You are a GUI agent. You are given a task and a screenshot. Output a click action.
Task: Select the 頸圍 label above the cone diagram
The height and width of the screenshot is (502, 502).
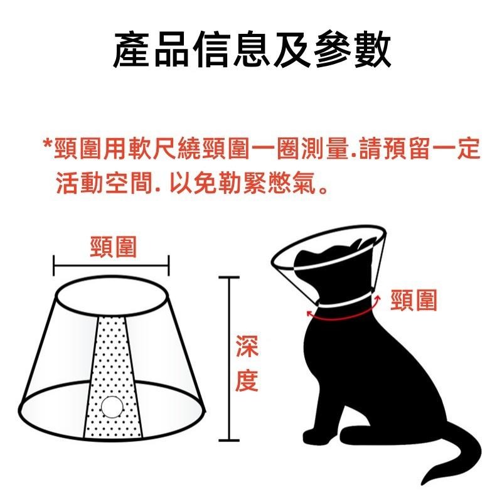tap(113, 247)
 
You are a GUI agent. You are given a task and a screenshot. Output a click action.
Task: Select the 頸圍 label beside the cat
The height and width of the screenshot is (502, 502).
tap(414, 301)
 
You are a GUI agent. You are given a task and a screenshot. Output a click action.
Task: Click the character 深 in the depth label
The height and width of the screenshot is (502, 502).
tap(247, 347)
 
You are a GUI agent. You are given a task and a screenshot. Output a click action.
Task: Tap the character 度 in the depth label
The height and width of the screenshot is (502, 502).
tap(247, 380)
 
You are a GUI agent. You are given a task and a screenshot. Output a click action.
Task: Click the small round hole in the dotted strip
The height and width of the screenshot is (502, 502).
tap(113, 407)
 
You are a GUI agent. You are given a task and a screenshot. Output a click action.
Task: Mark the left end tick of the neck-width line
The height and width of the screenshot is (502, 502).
tap(55, 265)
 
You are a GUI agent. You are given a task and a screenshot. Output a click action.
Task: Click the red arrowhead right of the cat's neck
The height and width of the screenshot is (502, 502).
tap(378, 301)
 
